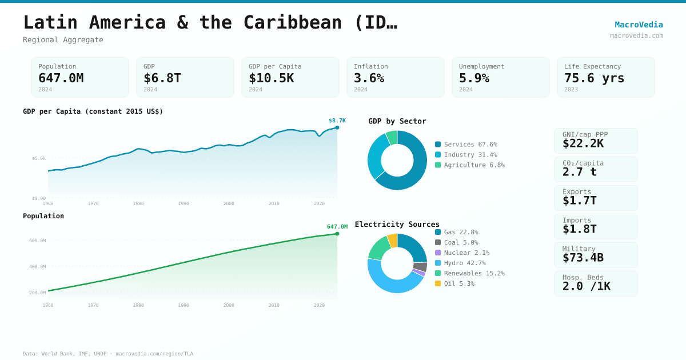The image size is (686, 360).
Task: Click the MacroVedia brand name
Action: click(639, 25)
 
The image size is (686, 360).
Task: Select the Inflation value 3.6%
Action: click(369, 78)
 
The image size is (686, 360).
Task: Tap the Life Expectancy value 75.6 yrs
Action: click(594, 78)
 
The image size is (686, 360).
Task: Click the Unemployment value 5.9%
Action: click(474, 78)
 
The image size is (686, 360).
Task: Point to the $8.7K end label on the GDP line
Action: click(337, 121)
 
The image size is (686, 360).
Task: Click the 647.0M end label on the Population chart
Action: click(337, 227)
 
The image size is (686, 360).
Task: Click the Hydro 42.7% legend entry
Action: click(464, 263)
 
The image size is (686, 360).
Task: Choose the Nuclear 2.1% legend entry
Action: click(466, 253)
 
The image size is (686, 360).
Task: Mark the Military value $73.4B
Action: click(583, 258)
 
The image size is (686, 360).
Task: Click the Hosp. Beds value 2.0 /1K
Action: click(586, 286)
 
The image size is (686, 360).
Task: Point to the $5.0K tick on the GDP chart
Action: click(39, 158)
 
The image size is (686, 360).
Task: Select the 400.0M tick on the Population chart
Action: click(38, 266)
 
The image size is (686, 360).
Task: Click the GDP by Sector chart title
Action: click(397, 121)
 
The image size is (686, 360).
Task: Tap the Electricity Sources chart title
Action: click(397, 224)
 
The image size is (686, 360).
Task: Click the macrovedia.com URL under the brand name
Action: click(636, 35)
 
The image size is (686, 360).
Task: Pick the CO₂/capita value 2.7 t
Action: click(579, 172)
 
